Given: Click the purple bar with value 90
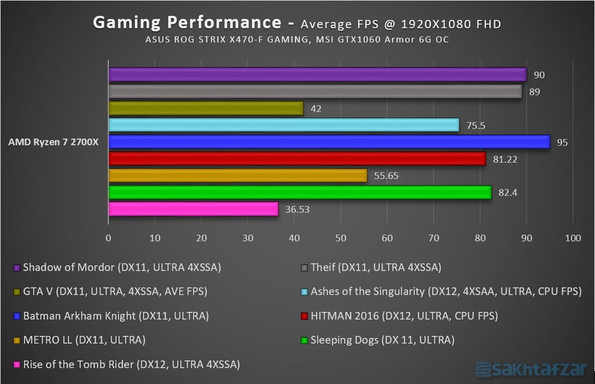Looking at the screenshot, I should tap(317, 74).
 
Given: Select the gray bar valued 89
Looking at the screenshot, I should tap(315, 91).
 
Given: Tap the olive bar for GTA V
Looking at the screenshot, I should tap(206, 108).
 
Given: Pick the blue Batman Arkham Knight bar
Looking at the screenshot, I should tap(329, 142).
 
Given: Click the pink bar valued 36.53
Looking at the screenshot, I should tap(193, 209).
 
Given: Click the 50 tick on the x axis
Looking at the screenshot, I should tap(340, 238).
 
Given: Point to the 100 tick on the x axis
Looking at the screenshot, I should tap(572, 238).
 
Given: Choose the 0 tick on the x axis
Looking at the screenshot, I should tap(109, 238).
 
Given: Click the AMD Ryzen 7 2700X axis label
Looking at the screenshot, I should tap(53, 142).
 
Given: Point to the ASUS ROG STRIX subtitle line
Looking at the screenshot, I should tap(296, 40).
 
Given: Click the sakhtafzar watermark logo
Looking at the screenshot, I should tap(531, 368).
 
